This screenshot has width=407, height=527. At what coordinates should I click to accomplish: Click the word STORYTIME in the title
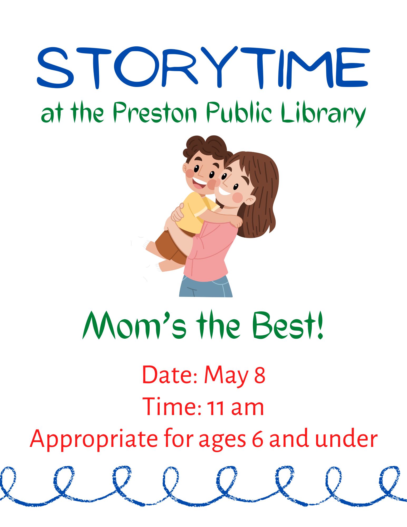tap(203, 68)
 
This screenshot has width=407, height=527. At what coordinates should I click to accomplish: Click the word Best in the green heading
tap(285, 326)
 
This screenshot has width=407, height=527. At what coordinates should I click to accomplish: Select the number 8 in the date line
tap(259, 375)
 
